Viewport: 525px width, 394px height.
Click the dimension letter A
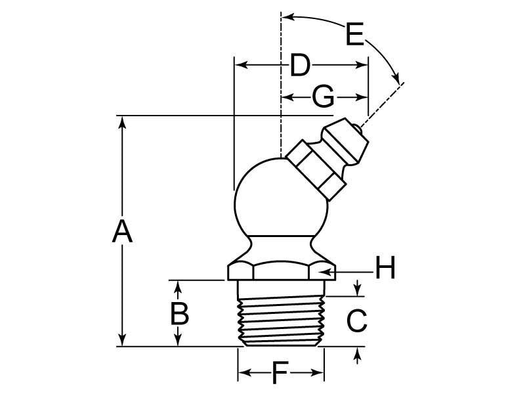(122, 231)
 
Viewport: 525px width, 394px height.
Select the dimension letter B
(179, 313)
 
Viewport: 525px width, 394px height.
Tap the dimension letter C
(356, 320)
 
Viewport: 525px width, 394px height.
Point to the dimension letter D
(299, 65)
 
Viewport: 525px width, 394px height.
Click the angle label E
(354, 33)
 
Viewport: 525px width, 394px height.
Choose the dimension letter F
(280, 374)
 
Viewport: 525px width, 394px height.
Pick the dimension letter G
(323, 97)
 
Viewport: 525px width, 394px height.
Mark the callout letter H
(385, 268)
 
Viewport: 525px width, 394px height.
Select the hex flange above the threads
(281, 270)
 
